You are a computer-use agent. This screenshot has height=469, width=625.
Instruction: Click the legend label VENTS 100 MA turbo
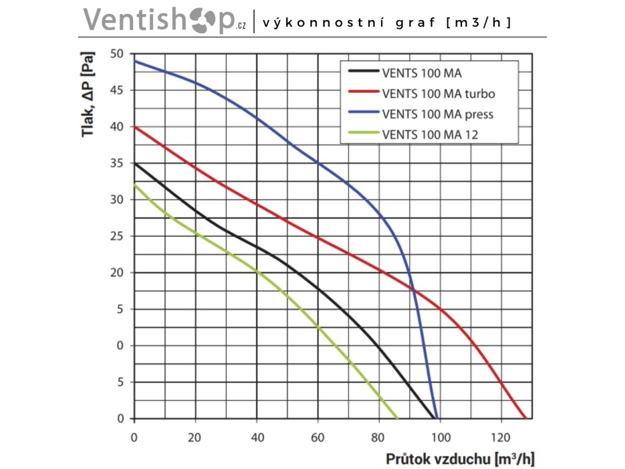[438, 93]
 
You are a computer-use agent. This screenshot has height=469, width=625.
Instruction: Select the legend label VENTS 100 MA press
[437, 114]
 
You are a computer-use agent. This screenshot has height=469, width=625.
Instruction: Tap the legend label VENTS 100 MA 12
[430, 133]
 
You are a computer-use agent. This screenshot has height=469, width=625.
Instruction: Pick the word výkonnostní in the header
[317, 23]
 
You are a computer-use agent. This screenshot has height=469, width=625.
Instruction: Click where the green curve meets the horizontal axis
[397, 418]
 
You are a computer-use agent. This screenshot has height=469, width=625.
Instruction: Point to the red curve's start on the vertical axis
[134, 127]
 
